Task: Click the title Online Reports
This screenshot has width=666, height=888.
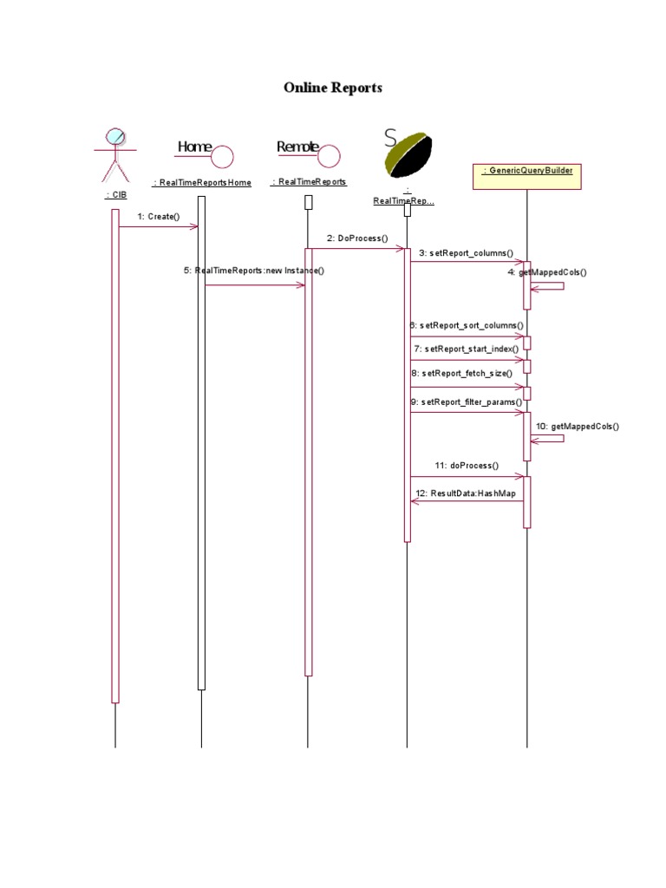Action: click(333, 88)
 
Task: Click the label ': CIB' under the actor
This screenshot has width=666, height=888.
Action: click(114, 195)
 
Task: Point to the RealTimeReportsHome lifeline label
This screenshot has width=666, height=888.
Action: click(202, 183)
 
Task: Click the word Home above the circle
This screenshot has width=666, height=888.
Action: click(193, 147)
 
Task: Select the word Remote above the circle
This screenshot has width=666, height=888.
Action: click(297, 147)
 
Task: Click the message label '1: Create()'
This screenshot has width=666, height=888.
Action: click(158, 216)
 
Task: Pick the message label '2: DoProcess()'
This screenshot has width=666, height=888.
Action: click(357, 238)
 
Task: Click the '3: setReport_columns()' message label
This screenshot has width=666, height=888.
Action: click(466, 253)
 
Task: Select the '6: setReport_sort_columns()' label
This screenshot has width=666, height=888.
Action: click(467, 326)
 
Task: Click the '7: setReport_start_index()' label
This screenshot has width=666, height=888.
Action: click(467, 349)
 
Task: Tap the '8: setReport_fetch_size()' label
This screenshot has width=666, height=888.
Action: click(461, 373)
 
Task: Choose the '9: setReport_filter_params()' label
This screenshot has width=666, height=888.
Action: click(467, 402)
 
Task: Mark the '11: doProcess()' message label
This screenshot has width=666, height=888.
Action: click(467, 466)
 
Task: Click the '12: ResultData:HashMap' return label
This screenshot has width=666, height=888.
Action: click(466, 493)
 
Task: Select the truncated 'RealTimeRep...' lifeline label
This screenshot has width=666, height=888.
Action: click(403, 201)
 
